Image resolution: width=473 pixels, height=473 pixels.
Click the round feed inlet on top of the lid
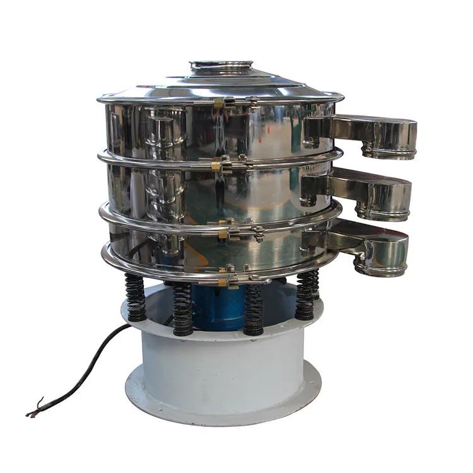pos(221,66)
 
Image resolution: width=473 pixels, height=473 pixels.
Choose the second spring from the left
pos(182,309)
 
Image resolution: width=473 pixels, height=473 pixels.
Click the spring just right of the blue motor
pos(254,309)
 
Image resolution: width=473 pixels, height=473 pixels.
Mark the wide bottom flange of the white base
pos(221,404)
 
